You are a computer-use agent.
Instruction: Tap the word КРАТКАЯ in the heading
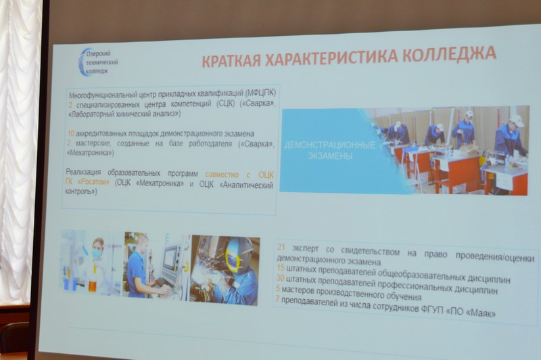click(231, 61)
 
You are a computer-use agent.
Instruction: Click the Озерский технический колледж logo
click(99, 62)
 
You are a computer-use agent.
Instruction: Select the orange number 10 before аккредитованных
click(71, 133)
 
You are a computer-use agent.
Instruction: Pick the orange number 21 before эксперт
click(281, 247)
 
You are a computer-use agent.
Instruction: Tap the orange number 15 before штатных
click(281, 267)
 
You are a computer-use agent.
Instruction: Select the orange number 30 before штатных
click(280, 278)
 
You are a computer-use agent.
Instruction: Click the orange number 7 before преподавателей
click(277, 299)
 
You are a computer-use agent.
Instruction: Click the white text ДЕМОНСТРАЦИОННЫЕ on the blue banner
click(330, 145)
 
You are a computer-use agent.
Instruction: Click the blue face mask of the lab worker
click(96, 254)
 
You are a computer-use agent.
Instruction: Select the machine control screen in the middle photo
click(170, 258)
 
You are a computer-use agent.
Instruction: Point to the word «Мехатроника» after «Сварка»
click(90, 152)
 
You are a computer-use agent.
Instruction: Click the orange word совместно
click(222, 175)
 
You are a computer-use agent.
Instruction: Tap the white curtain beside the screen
click(20, 148)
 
